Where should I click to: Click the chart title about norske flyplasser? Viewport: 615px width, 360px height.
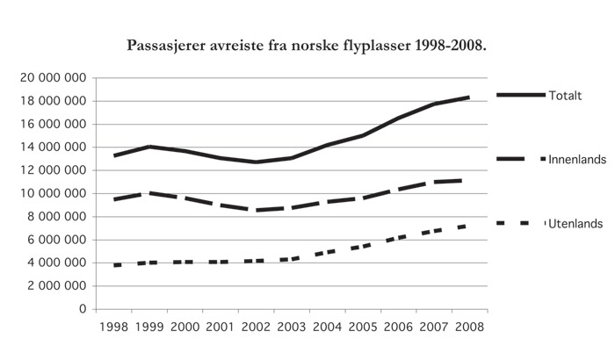pyautogui.click(x=307, y=44)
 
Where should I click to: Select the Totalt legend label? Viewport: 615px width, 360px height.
pyautogui.click(x=567, y=95)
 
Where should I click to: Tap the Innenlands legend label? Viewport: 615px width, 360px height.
pyautogui.click(x=574, y=159)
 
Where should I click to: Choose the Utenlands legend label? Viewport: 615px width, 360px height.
pyautogui.click(x=573, y=224)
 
